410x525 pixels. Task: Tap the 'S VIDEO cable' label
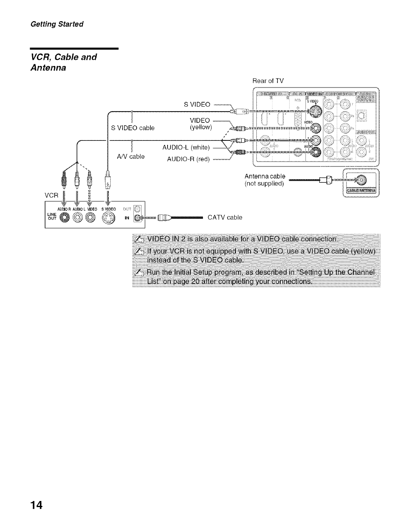pyautogui.click(x=133, y=128)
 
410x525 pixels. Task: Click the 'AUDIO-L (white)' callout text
pyautogui.click(x=186, y=147)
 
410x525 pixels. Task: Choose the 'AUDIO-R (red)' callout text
pyautogui.click(x=188, y=159)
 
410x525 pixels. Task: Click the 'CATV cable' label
pyautogui.click(x=225, y=217)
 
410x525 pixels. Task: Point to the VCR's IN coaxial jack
pyautogui.click(x=137, y=219)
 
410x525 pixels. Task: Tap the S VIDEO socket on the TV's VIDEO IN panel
pyautogui.click(x=314, y=110)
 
